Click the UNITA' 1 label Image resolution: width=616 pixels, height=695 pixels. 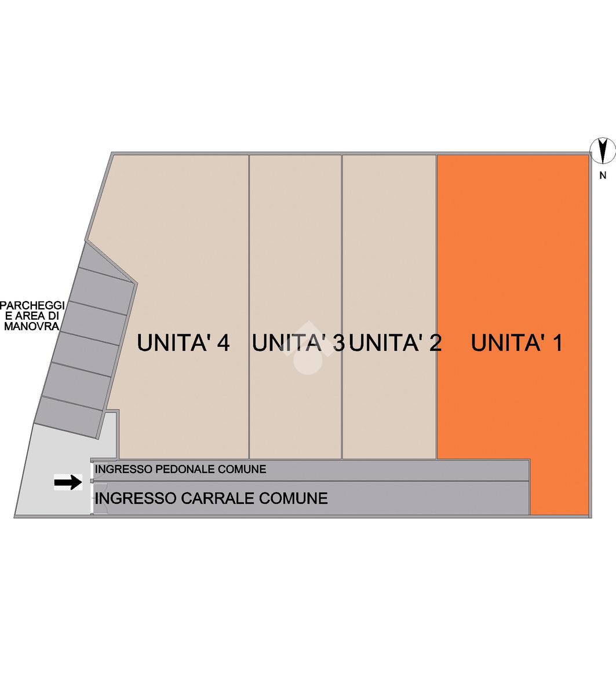(516, 343)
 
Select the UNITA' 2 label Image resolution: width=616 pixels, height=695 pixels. (396, 343)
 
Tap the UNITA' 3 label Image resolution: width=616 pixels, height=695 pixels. (298, 343)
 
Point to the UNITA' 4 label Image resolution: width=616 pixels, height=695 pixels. (183, 343)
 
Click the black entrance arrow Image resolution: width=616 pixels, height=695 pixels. (68, 482)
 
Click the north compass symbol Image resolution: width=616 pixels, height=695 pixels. (603, 151)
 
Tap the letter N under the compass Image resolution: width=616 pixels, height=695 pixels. (603, 176)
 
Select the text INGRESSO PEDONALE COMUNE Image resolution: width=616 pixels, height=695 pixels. (180, 469)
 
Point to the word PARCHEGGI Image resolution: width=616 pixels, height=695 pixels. (31, 305)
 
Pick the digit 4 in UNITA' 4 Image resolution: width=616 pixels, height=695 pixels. (223, 343)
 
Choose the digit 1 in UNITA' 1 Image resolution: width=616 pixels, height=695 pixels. (556, 343)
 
